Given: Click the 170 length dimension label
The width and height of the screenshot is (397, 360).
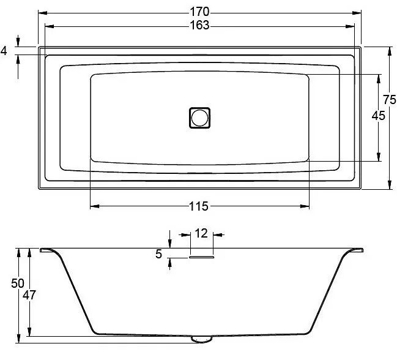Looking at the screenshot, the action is coord(199,12).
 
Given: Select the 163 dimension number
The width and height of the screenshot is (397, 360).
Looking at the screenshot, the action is coord(199,25).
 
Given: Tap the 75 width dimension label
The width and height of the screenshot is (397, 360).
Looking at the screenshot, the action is coord(390,100).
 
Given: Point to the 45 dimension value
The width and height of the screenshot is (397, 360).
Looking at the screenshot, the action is coord(379,116).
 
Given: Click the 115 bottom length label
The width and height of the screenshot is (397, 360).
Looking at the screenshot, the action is coord(199,206).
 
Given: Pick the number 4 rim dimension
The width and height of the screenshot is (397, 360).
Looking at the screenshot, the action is coord(4,51).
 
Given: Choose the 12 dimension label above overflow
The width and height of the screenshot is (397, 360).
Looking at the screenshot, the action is coord(201,233).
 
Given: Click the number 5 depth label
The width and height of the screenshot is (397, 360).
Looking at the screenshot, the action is coord(158,254).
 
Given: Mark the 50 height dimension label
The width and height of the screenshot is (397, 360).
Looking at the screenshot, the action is coord(18,283).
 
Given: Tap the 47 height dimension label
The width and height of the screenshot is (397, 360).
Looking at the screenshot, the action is coord(29,295).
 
